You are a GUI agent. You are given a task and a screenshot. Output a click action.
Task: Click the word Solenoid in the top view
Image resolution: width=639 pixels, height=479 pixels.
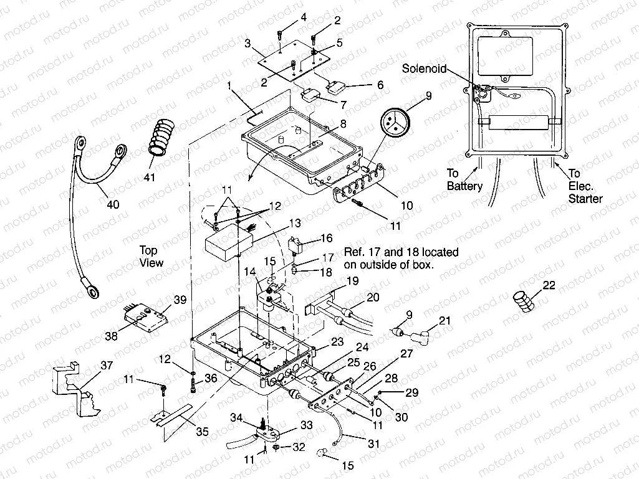pyautogui.click(x=425, y=69)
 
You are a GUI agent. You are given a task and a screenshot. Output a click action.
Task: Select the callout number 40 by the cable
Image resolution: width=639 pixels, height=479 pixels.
pyautogui.click(x=112, y=205)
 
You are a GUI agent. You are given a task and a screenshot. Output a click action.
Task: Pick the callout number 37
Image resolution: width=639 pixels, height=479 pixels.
pyautogui.click(x=107, y=366)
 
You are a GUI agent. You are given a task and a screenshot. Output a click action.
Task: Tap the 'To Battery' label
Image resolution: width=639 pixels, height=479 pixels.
pyautogui.click(x=464, y=180)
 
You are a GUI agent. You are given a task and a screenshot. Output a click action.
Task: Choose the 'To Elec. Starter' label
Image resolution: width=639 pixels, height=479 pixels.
pyautogui.click(x=585, y=187)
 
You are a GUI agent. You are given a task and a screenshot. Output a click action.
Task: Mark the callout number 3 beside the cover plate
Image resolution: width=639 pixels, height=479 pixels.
pyautogui.click(x=247, y=44)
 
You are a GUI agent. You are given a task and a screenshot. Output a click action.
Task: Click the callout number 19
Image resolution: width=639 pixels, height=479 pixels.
pyautogui.click(x=352, y=281)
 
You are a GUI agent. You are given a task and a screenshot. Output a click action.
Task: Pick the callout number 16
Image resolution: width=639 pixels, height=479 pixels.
pyautogui.click(x=327, y=238)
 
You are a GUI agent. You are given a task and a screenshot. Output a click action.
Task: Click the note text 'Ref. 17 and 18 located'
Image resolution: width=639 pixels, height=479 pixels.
pyautogui.click(x=401, y=252)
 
